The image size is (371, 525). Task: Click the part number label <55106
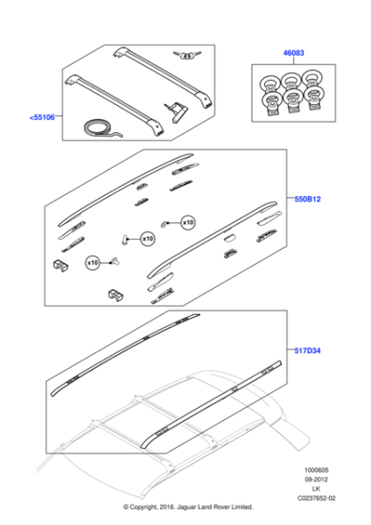click(x=41, y=118)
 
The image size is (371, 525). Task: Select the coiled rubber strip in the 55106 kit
click(x=101, y=127)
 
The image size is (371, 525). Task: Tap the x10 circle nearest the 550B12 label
click(x=187, y=222)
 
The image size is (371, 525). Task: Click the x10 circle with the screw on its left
click(x=146, y=239)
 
